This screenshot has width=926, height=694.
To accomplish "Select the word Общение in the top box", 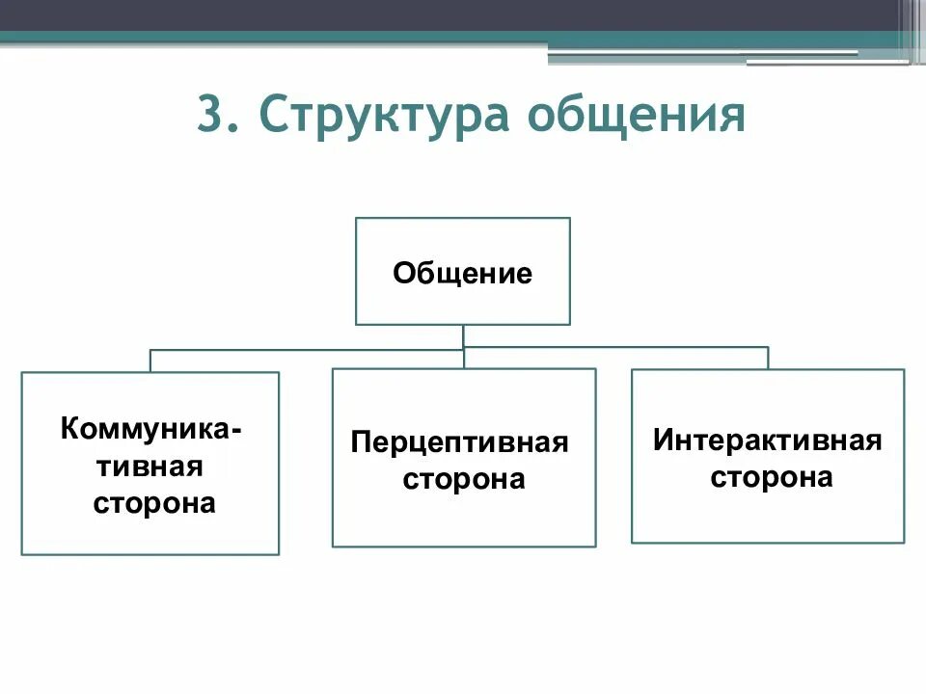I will click(x=462, y=274).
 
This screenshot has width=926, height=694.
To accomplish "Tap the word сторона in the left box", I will click(x=154, y=502).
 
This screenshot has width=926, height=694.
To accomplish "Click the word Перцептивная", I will click(x=460, y=443).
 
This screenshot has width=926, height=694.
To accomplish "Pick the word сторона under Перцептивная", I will click(x=464, y=479).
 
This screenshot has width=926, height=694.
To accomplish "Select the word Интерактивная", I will click(x=768, y=440).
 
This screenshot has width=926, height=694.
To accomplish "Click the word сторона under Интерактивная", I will click(x=772, y=477).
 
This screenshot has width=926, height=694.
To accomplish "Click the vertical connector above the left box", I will click(x=150, y=360).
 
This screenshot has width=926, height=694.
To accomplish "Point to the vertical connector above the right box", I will click(x=768, y=358).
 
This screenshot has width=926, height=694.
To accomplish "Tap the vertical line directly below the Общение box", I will click(x=463, y=335).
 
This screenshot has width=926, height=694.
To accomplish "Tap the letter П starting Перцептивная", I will click(x=360, y=443).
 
